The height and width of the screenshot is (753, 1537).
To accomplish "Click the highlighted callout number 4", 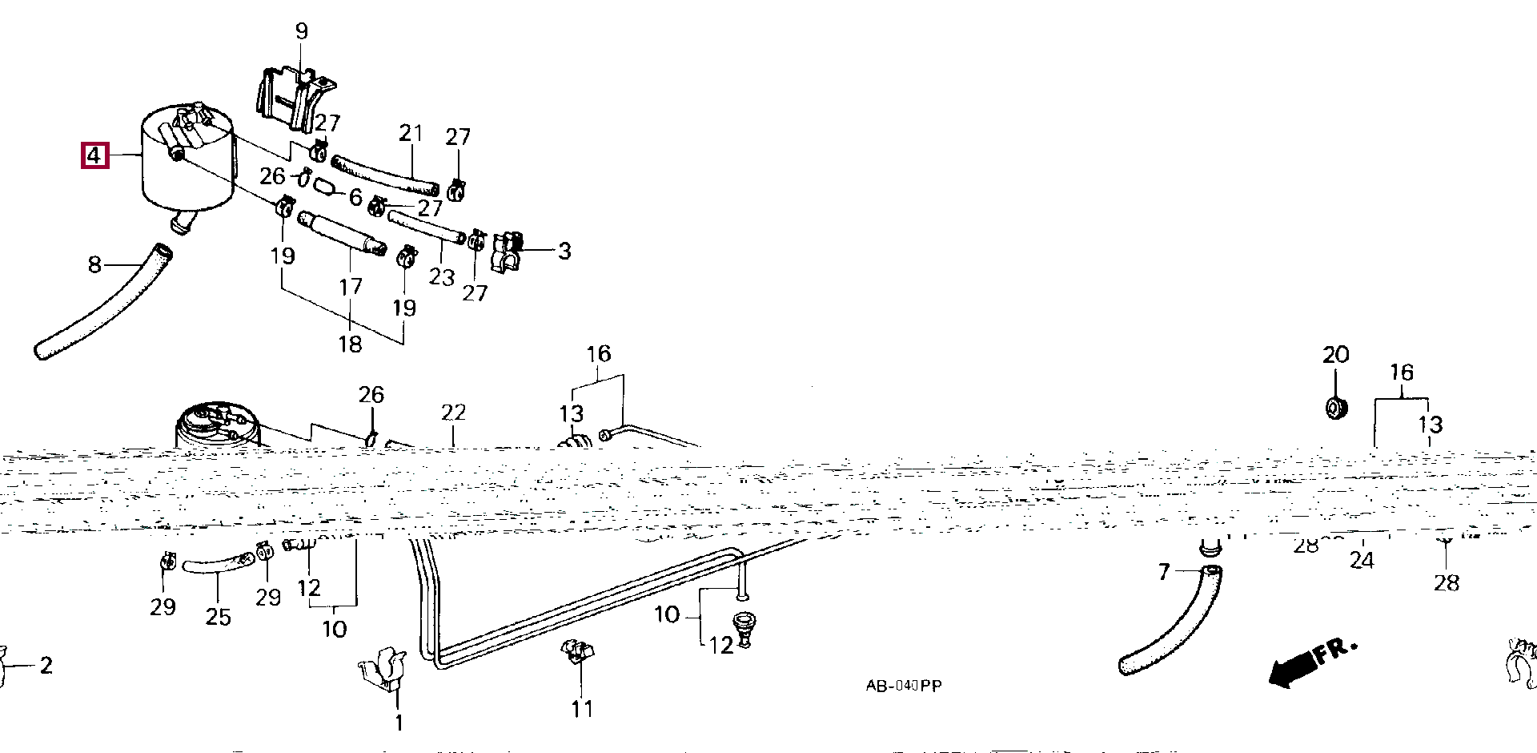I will [x=94, y=155].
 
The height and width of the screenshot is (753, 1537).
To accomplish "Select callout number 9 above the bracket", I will [x=301, y=31].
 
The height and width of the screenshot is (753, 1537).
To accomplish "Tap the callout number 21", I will [x=411, y=133].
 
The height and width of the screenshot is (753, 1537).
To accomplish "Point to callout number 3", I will [x=564, y=251].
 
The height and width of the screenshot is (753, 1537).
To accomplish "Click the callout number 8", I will [x=94, y=264].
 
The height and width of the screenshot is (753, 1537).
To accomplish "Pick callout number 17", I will [x=351, y=287].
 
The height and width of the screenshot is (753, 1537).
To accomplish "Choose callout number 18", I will [x=351, y=344].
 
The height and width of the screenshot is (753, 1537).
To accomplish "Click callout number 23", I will [x=441, y=277].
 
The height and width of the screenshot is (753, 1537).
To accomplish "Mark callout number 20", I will [x=1335, y=355].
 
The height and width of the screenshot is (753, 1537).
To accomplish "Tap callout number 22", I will [x=453, y=413].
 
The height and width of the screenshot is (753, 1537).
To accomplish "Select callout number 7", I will [x=1164, y=572].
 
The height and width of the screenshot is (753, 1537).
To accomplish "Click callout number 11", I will [x=582, y=709].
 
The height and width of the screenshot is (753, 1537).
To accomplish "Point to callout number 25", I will [x=218, y=617].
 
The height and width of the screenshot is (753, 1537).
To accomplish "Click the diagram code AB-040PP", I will [x=904, y=686].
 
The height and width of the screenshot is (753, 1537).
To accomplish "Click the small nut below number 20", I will [x=1335, y=407].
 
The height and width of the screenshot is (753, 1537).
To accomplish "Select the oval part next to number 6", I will [x=323, y=187].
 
